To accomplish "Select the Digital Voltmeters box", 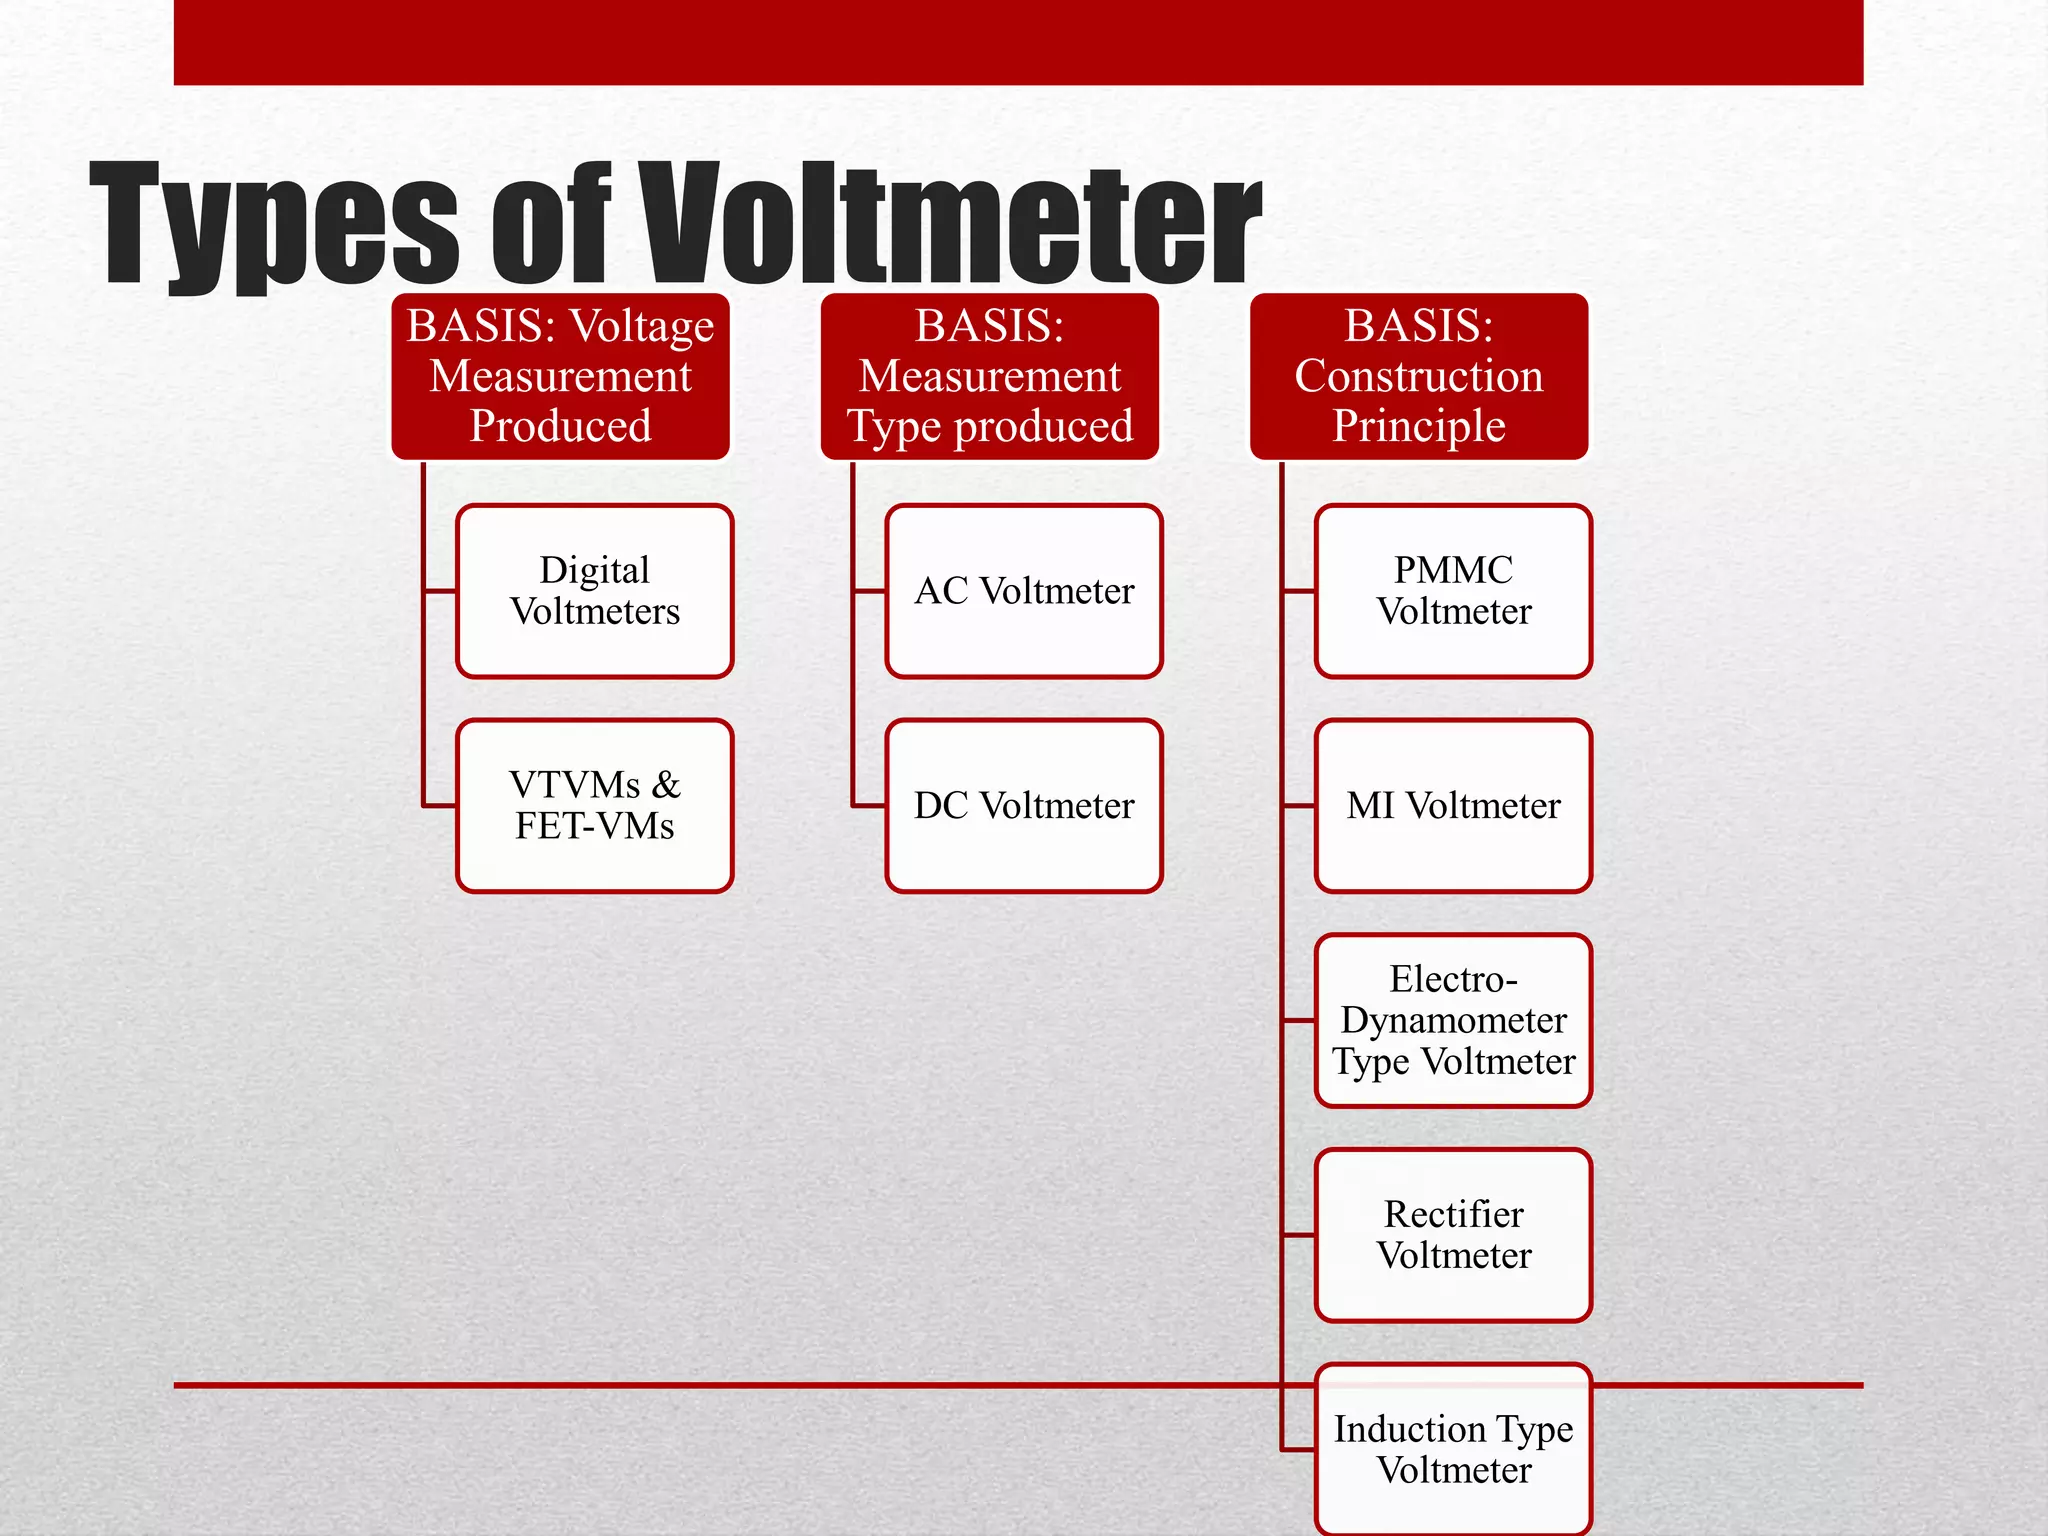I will (595, 591).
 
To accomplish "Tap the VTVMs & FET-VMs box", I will (595, 806).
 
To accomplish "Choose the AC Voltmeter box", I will (1024, 591).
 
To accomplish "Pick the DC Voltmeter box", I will (1024, 806).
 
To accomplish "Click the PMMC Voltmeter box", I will (1453, 591).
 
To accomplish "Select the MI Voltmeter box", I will (1453, 806).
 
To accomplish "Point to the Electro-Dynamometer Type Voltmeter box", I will (1453, 1021).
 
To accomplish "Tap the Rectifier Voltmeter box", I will (1453, 1235).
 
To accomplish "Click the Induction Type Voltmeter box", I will (1453, 1449).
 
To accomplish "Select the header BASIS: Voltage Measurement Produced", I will (560, 376).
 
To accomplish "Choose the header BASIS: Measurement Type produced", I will (990, 376).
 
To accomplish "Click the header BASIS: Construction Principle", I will (1419, 376).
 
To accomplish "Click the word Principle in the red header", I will (1419, 427).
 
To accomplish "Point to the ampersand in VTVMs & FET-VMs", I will (666, 785).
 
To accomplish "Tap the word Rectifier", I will (1453, 1214).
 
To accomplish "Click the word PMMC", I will (1453, 570).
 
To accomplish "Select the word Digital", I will (595, 571).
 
